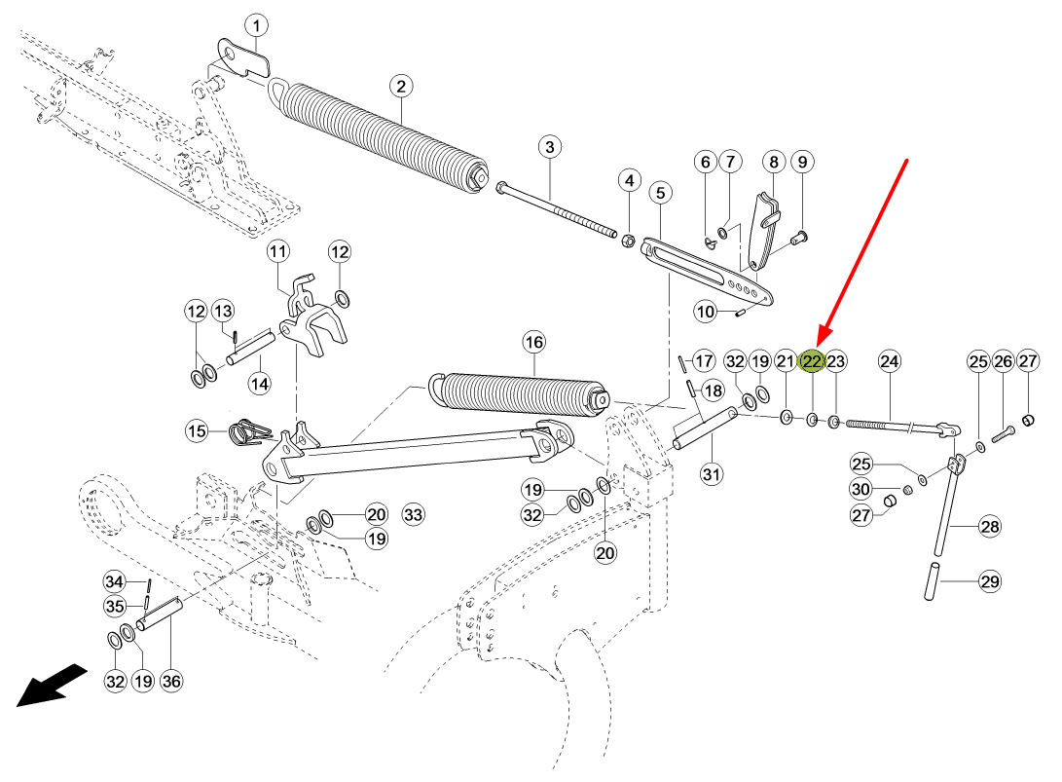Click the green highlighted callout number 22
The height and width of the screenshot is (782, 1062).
[x=812, y=361]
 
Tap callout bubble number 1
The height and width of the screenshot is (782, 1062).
[x=256, y=26]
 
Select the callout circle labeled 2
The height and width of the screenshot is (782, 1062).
[x=402, y=87]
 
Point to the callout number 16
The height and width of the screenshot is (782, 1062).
[x=533, y=342]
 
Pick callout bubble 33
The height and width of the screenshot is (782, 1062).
[x=413, y=514]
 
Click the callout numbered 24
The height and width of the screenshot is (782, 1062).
[x=890, y=361]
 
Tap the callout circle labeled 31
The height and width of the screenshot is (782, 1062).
[x=711, y=473]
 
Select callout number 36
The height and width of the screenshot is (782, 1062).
[x=170, y=681]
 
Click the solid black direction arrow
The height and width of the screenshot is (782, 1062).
[x=52, y=686]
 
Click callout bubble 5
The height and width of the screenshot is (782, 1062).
[x=660, y=193]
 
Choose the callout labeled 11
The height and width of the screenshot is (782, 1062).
[x=277, y=252]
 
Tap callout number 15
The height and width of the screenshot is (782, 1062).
[x=197, y=431]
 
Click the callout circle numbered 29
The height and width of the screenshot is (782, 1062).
[x=990, y=581]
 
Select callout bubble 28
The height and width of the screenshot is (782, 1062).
[x=990, y=527]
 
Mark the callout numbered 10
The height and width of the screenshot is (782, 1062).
[x=705, y=312]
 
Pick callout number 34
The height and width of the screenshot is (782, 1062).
[x=114, y=581]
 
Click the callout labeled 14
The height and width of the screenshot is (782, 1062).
[x=259, y=385]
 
